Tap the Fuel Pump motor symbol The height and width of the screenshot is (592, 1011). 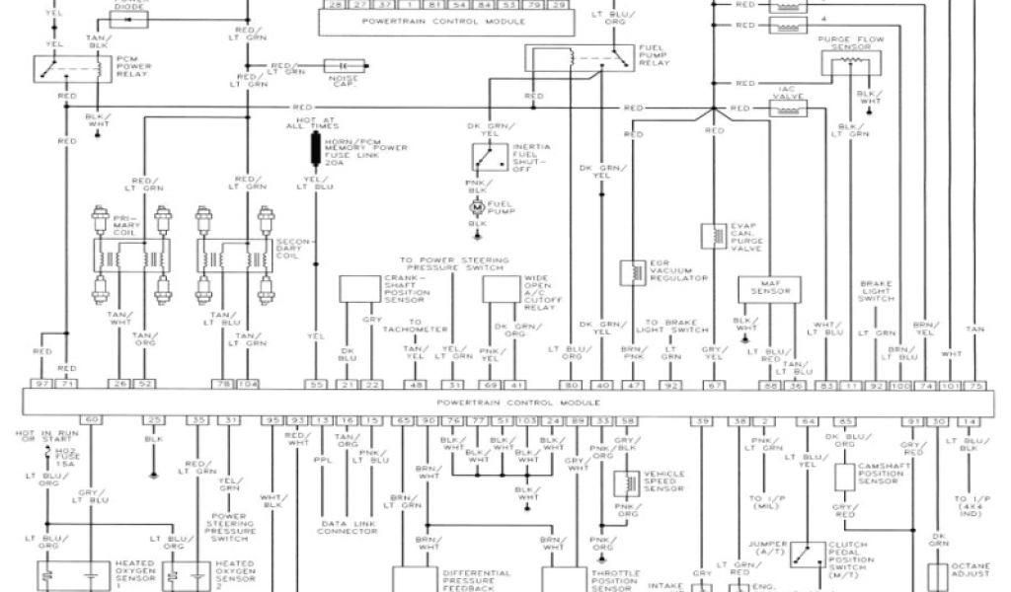click(478, 208)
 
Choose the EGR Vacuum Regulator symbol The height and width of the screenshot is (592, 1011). click(629, 272)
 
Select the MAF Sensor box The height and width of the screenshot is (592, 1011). click(766, 289)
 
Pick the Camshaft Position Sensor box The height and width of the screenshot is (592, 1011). click(844, 476)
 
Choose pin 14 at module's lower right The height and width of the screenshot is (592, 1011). click(971, 420)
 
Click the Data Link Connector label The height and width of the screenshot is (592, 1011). click(347, 527)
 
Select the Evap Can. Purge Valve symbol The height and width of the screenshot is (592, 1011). click(712, 236)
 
